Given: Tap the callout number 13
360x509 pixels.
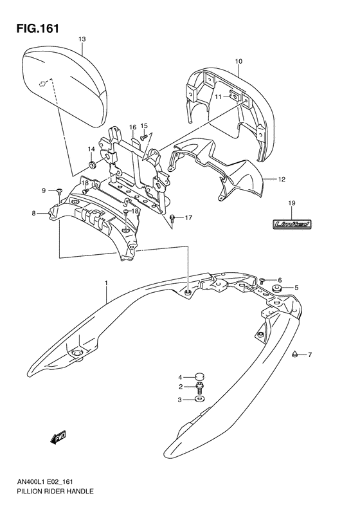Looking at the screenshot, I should (82, 39).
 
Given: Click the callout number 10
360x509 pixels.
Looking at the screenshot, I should (238, 61).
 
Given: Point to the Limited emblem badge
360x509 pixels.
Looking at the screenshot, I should (291, 224).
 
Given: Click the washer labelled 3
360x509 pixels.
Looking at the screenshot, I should (199, 400).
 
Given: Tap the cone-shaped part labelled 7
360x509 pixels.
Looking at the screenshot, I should (294, 354).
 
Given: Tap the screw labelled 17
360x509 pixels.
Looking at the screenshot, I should (173, 218).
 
